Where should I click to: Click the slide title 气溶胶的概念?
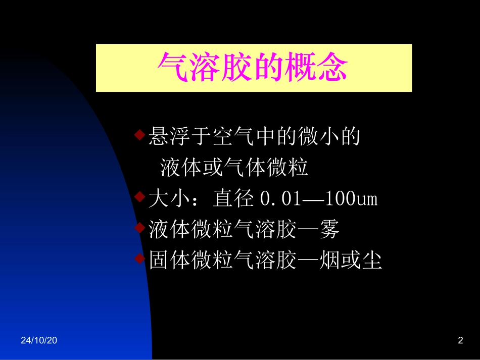point(254,68)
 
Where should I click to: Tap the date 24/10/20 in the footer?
point(39,341)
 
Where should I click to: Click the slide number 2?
point(460,341)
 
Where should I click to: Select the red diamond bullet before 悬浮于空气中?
point(140,135)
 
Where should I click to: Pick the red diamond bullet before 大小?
point(140,198)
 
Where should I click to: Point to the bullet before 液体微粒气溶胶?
point(140,229)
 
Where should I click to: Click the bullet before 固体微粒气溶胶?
point(140,260)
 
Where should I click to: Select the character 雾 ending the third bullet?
point(328,230)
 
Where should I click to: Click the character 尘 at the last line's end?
point(371,261)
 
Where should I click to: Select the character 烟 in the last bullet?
point(329,261)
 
